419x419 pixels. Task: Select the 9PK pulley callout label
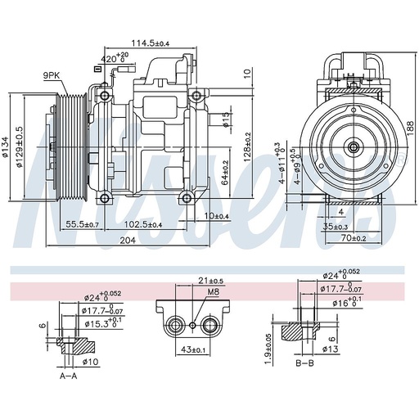[x=53, y=76]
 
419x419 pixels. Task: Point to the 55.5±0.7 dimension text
[x=83, y=224]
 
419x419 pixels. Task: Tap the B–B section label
[x=304, y=363]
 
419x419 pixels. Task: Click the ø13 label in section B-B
[x=331, y=350]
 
